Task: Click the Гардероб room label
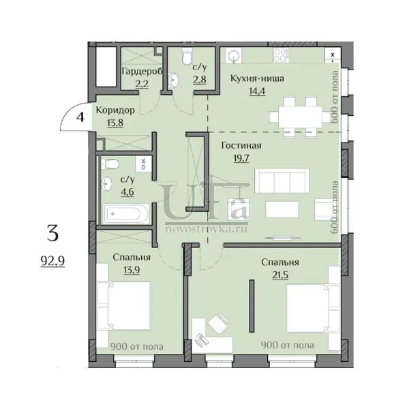tap(142, 71)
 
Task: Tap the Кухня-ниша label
tap(257, 78)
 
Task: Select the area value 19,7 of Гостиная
tap(241, 158)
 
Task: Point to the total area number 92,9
tap(52, 261)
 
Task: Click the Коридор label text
tap(115, 110)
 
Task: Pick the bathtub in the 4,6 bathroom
tap(126, 213)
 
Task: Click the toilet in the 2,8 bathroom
tap(187, 57)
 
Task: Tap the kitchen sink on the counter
tap(233, 55)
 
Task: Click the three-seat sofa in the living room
tap(282, 181)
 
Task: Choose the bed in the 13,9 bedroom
tap(123, 305)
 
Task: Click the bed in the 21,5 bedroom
tap(314, 308)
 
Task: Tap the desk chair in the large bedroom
tap(218, 323)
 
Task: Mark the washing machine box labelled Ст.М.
tap(143, 164)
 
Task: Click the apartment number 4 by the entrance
tap(80, 117)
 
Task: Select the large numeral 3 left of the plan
tap(52, 233)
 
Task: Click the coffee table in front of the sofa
tap(282, 209)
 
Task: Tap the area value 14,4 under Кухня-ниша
tap(257, 91)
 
